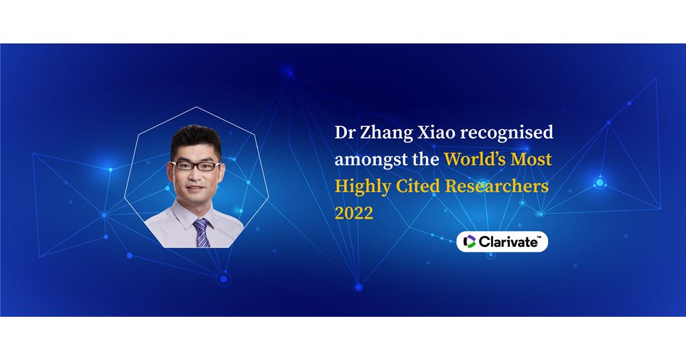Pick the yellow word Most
(534, 160)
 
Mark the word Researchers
(499, 186)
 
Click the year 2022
(354, 213)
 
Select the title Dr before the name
(344, 132)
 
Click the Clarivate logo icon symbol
(470, 241)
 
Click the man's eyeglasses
(191, 165)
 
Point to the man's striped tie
(201, 231)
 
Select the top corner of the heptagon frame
(198, 108)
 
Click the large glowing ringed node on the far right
(600, 182)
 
